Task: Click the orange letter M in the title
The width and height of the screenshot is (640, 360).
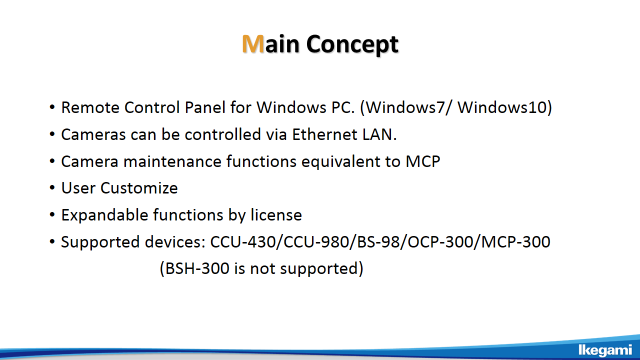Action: pos(253,43)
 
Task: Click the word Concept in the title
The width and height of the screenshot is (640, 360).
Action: pos(352,44)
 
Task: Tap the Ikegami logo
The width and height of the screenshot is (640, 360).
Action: pos(605,350)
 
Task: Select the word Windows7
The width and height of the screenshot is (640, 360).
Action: pos(405,107)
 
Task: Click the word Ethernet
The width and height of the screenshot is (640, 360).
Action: pos(324,134)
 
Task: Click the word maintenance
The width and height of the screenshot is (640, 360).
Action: pos(172,161)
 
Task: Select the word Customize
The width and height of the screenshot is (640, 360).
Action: pos(139,188)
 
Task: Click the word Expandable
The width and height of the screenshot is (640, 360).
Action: pos(104,215)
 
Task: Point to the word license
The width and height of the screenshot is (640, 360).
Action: pos(276,215)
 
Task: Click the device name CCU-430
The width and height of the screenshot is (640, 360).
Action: pos(243,242)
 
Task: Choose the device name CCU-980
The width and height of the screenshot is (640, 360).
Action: pos(316,242)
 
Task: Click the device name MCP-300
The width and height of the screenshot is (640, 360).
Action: pos(515,242)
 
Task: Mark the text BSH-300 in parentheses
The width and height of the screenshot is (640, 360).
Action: pos(197,268)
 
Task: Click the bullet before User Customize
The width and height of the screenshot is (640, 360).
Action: pos(52,188)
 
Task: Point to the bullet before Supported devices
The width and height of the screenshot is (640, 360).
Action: pos(52,241)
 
